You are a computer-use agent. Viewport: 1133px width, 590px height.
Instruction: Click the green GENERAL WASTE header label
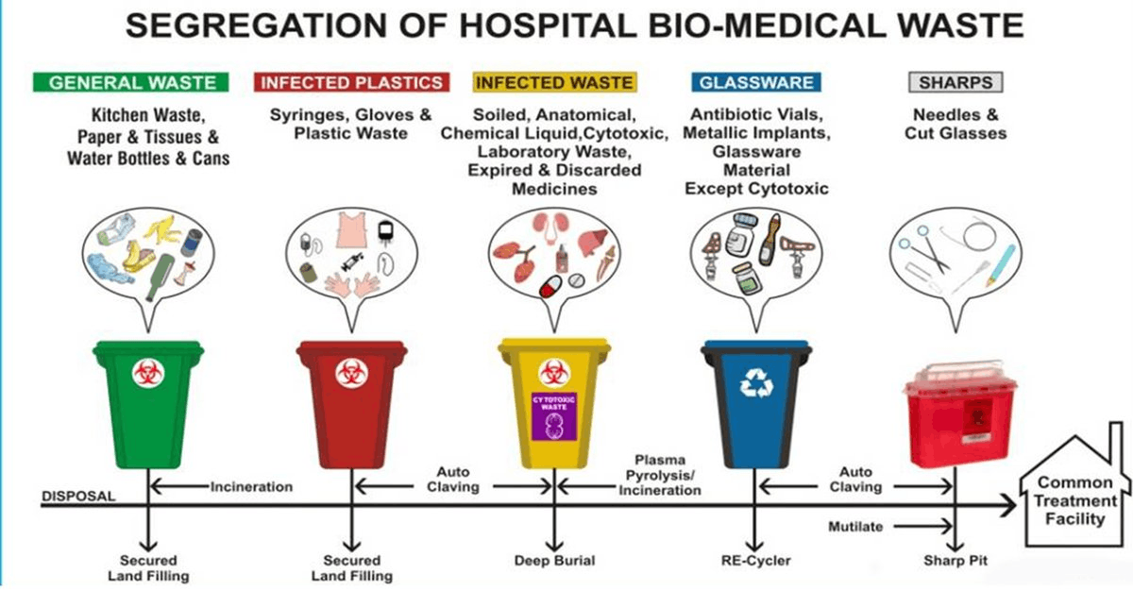pyautogui.click(x=130, y=82)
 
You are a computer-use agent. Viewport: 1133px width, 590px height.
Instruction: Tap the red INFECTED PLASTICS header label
pyautogui.click(x=351, y=82)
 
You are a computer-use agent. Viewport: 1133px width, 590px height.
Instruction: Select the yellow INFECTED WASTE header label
pyautogui.click(x=554, y=82)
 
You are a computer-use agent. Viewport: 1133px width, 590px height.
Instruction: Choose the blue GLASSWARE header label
pyautogui.click(x=756, y=82)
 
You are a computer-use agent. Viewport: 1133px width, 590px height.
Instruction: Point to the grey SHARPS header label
pyautogui.click(x=955, y=82)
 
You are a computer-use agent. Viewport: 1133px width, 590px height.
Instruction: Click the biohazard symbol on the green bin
pyautogui.click(x=147, y=374)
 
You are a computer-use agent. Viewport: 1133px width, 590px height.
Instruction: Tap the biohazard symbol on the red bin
pyautogui.click(x=351, y=374)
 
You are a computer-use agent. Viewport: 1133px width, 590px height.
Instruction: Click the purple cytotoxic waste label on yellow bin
pyautogui.click(x=554, y=416)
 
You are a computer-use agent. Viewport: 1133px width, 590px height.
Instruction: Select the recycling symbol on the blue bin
pyautogui.click(x=756, y=382)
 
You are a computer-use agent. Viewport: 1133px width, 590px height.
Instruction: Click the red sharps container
pyautogui.click(x=959, y=413)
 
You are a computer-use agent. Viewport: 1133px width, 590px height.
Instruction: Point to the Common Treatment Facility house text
pyautogui.click(x=1074, y=500)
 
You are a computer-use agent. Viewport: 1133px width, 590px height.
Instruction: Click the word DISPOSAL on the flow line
pyautogui.click(x=78, y=496)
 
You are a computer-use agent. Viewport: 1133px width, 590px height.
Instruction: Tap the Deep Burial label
pyautogui.click(x=554, y=560)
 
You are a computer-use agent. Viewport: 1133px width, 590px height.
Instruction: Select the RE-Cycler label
pyautogui.click(x=755, y=560)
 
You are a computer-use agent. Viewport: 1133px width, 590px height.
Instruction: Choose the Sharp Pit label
pyautogui.click(x=955, y=560)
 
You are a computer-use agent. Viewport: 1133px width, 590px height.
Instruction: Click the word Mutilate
pyautogui.click(x=855, y=527)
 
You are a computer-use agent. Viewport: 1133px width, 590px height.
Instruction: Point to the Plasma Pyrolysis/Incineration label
pyautogui.click(x=660, y=475)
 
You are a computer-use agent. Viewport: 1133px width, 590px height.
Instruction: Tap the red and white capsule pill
pyautogui.click(x=550, y=286)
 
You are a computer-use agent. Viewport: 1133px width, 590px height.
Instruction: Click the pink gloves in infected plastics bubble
pyautogui.click(x=351, y=284)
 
